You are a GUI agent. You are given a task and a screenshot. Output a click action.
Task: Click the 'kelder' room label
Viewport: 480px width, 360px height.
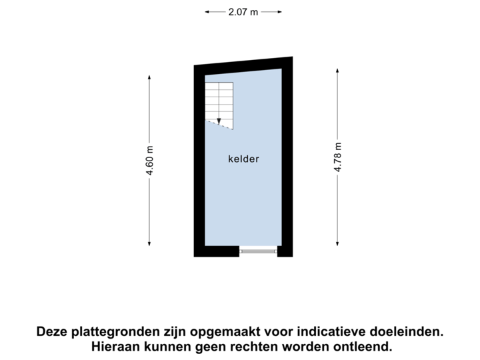click(243, 159)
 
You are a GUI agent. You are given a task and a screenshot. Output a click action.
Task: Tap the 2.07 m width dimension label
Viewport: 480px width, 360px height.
click(243, 11)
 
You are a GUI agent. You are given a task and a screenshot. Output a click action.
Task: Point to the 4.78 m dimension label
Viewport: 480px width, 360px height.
click(338, 158)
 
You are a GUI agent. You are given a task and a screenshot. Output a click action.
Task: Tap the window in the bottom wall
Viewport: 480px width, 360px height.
click(258, 251)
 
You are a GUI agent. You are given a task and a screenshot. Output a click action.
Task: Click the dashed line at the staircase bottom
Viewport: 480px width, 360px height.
click(219, 125)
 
